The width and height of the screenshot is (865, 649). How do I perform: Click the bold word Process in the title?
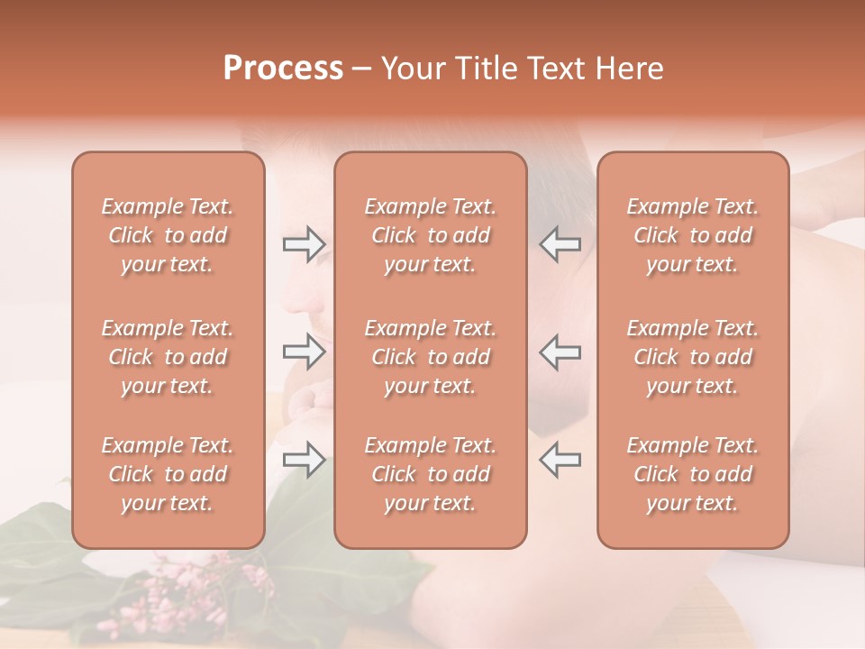283,69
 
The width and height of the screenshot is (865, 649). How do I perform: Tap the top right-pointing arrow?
304,243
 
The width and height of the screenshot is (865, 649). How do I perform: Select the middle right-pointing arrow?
304,352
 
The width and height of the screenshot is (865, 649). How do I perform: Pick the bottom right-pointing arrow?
304,460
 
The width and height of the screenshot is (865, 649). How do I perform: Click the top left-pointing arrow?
560,243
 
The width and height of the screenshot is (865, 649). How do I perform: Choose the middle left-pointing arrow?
560,352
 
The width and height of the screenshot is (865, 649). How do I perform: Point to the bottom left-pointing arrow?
560,460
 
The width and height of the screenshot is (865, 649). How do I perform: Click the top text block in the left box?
168,235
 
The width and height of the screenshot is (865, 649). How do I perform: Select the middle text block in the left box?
168,357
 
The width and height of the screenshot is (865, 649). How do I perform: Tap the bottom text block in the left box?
168,474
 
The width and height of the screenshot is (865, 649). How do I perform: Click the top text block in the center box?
431,235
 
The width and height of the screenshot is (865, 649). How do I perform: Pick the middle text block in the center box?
431,357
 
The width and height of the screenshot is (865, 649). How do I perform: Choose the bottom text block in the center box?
431,474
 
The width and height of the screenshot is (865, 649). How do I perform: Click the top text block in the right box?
693,235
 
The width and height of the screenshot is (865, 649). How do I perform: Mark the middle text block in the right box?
693,357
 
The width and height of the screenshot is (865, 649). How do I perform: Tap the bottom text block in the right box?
693,474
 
